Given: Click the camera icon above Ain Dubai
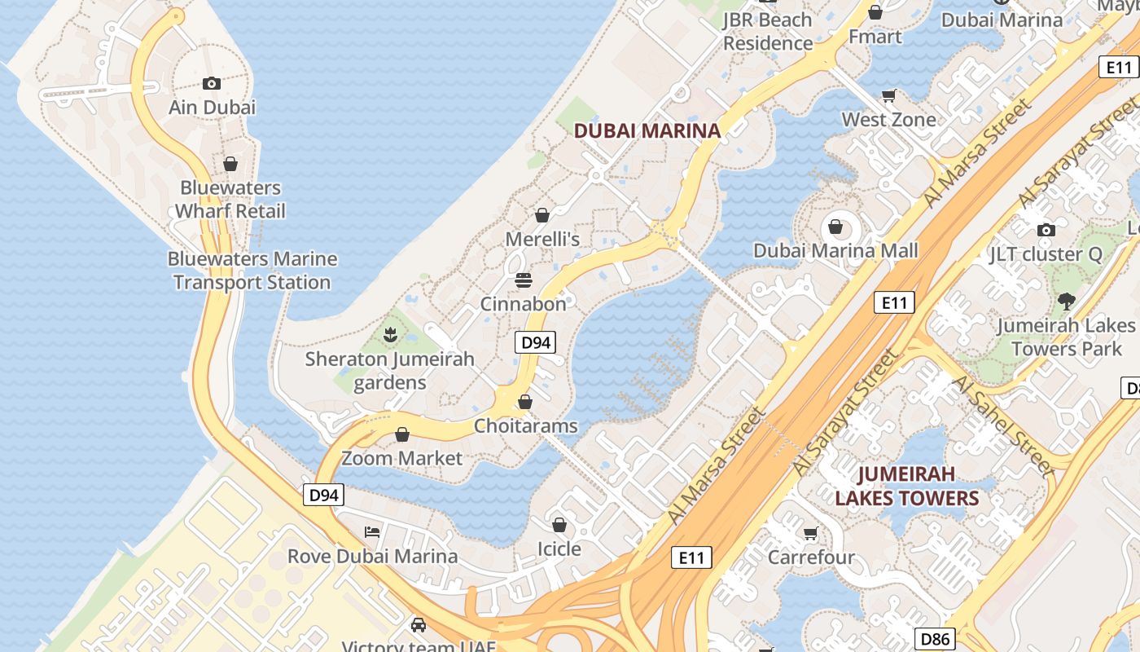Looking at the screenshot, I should pos(212,83).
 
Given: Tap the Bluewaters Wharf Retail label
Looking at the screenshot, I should pos(230,200).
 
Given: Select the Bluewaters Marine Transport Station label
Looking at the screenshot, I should pos(252,271).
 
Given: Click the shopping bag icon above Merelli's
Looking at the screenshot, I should pos(542,215).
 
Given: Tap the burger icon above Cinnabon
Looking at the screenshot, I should pos(524,280).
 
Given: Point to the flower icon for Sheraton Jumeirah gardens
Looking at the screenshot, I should pos(390,333).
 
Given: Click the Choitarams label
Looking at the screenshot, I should pos(525,425).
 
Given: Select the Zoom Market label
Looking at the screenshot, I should pos(401,458).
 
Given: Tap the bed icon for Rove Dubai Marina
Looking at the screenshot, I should pos(372,532).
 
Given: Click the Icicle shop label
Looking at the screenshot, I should pos(559,548).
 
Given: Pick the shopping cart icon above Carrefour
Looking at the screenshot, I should pos(811,534).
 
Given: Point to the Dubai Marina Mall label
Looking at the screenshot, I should pos(835,251).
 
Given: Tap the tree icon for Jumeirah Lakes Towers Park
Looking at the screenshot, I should pos(1066,302).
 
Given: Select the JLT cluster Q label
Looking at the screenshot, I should pos(1046,254).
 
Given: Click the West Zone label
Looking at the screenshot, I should pos(888,120).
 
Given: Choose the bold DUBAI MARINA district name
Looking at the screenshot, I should pos(647,130).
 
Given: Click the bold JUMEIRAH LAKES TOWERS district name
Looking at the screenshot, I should pos(906,486).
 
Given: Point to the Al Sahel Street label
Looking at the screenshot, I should pos(1002,425).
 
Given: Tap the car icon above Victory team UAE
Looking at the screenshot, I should pos(419,625).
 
